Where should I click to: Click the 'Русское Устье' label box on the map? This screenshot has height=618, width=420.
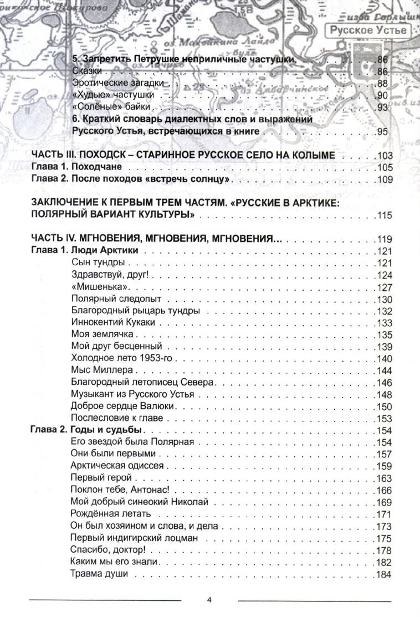click(367, 30)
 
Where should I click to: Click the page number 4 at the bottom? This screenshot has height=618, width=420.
click(209, 600)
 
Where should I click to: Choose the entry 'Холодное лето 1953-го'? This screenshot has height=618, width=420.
click(119, 358)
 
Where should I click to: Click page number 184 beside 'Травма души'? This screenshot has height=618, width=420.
click(384, 574)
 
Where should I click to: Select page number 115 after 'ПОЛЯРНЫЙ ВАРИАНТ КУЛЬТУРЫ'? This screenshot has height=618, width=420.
click(384, 215)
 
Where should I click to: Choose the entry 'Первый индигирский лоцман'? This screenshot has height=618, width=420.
click(131, 538)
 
